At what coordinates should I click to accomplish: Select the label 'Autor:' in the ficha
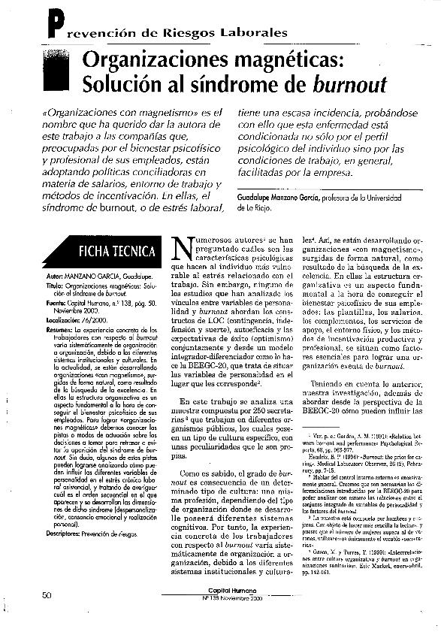[x=47, y=277]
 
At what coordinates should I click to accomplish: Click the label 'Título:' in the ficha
[x=47, y=286]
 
